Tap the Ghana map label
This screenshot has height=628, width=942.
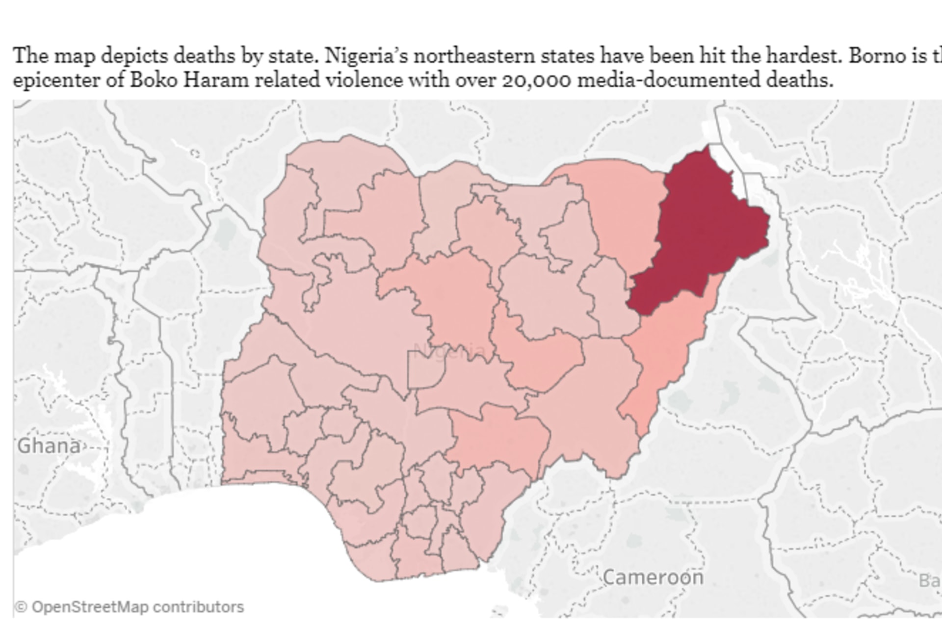click(x=49, y=446)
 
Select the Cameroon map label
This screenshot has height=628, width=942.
click(x=653, y=577)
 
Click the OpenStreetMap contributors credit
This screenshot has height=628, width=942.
click(x=137, y=607)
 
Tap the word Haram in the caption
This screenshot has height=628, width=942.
click(x=216, y=79)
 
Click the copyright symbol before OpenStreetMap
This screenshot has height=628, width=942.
click(x=21, y=607)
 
